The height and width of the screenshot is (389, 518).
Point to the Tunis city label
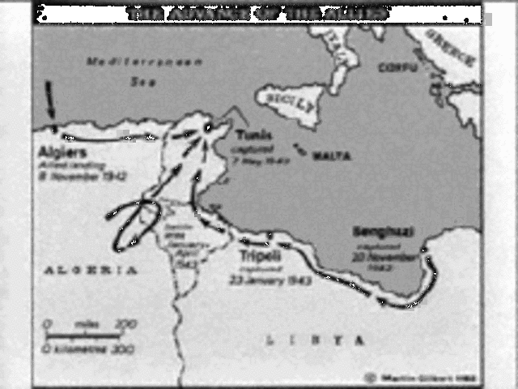(x=248, y=135)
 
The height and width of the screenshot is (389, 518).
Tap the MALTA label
(x=332, y=156)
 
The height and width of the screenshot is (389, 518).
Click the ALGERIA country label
(x=91, y=271)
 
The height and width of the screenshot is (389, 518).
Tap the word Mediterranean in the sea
(x=129, y=62)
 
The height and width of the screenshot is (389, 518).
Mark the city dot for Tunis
(x=210, y=127)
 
